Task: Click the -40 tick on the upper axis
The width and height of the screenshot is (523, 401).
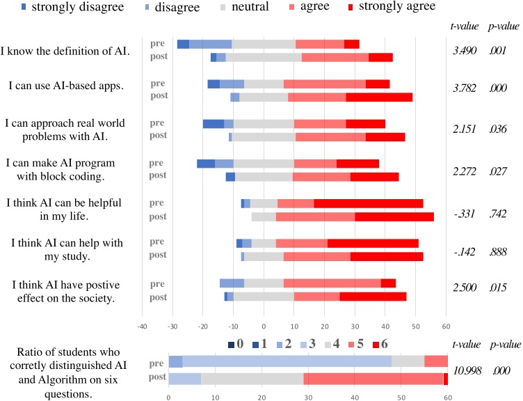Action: point(142,326)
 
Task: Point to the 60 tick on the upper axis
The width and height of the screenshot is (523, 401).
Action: point(445,326)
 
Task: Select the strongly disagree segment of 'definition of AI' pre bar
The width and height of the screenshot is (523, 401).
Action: point(183,44)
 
